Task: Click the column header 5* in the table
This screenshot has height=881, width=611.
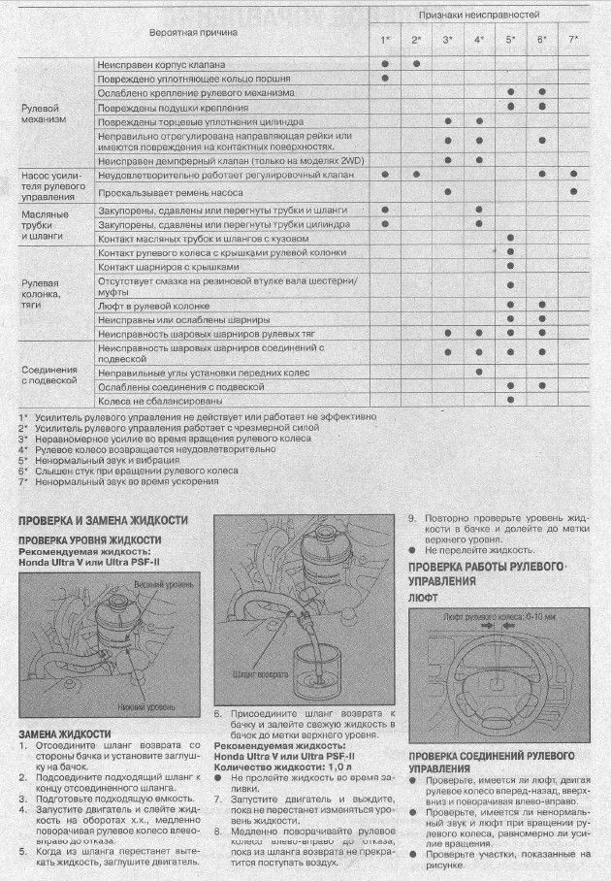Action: coord(510,39)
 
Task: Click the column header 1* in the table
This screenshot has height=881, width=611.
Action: coord(385,39)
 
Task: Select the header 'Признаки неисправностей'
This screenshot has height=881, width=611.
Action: coord(479,16)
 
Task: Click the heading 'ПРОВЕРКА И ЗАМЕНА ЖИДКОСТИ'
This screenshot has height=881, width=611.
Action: coord(104,520)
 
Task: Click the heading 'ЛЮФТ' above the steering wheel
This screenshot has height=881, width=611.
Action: coord(424,601)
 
